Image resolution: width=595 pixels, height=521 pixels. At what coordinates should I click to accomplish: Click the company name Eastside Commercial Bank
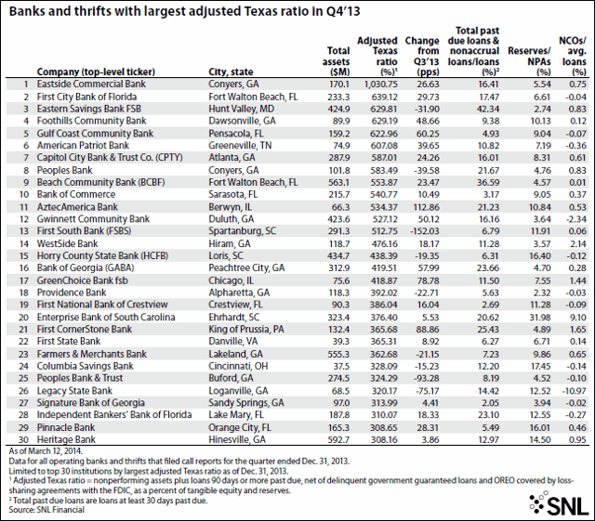(x=94, y=83)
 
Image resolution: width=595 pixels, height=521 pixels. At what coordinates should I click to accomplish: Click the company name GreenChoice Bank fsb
(x=87, y=278)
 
